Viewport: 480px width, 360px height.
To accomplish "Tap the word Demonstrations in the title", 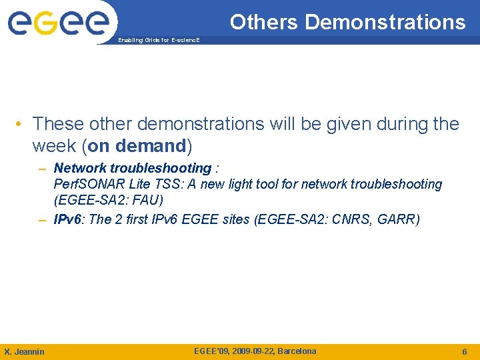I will pyautogui.click(x=385, y=22).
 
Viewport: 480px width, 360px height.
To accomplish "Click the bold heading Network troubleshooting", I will pyautogui.click(x=132, y=168).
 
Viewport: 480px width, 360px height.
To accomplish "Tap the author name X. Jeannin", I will pyautogui.click(x=25, y=351).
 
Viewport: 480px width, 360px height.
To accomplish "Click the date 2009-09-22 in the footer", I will pyautogui.click(x=252, y=351).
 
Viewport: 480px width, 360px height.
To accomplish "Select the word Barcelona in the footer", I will pyautogui.click(x=297, y=351).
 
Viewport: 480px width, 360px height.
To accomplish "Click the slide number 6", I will pyautogui.click(x=465, y=351).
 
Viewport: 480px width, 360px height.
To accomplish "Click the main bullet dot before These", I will pyautogui.click(x=22, y=125).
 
